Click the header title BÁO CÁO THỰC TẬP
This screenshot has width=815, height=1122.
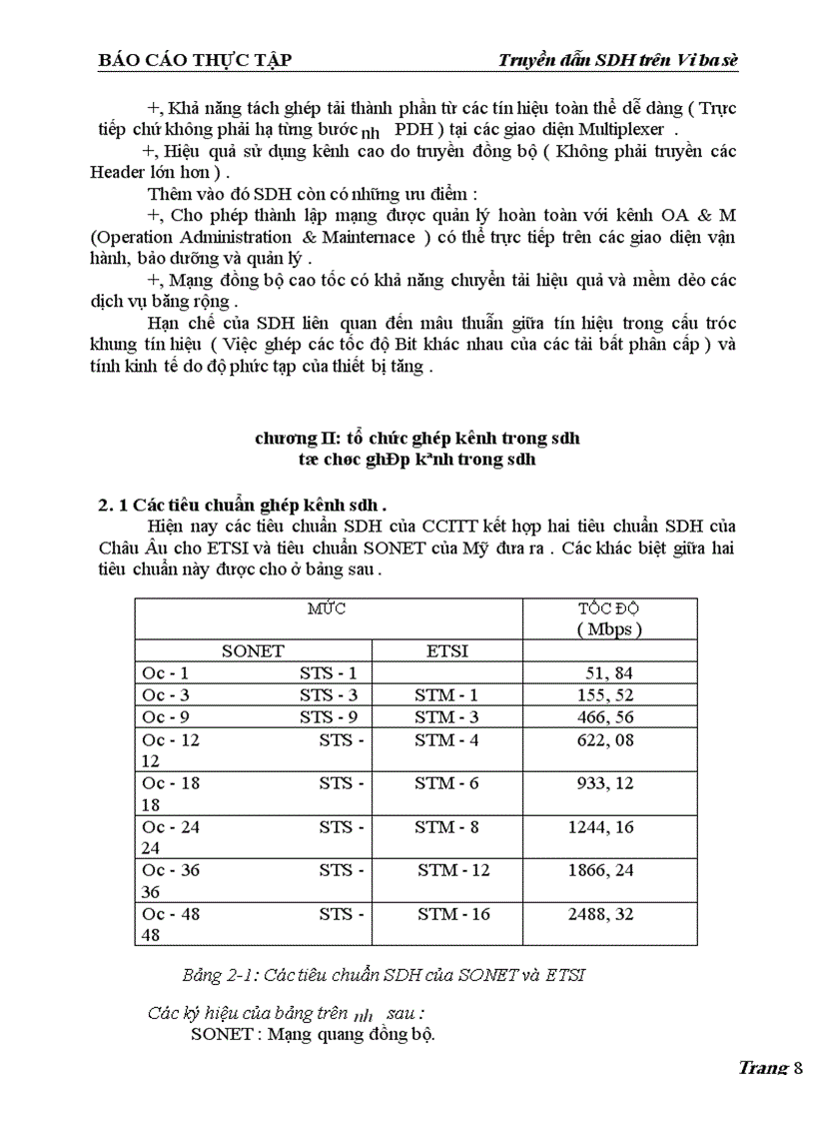coord(195,60)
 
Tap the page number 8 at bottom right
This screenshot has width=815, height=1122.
coord(798,1067)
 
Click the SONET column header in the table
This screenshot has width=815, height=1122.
coord(253,650)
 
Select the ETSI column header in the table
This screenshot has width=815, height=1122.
coord(446,650)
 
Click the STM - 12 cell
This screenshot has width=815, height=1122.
coord(453,870)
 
